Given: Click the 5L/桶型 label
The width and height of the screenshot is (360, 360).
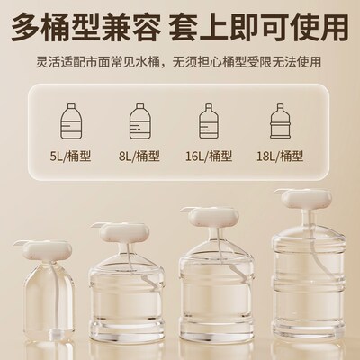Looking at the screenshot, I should (70, 157).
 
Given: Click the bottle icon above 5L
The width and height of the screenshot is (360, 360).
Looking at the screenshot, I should (70, 122).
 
